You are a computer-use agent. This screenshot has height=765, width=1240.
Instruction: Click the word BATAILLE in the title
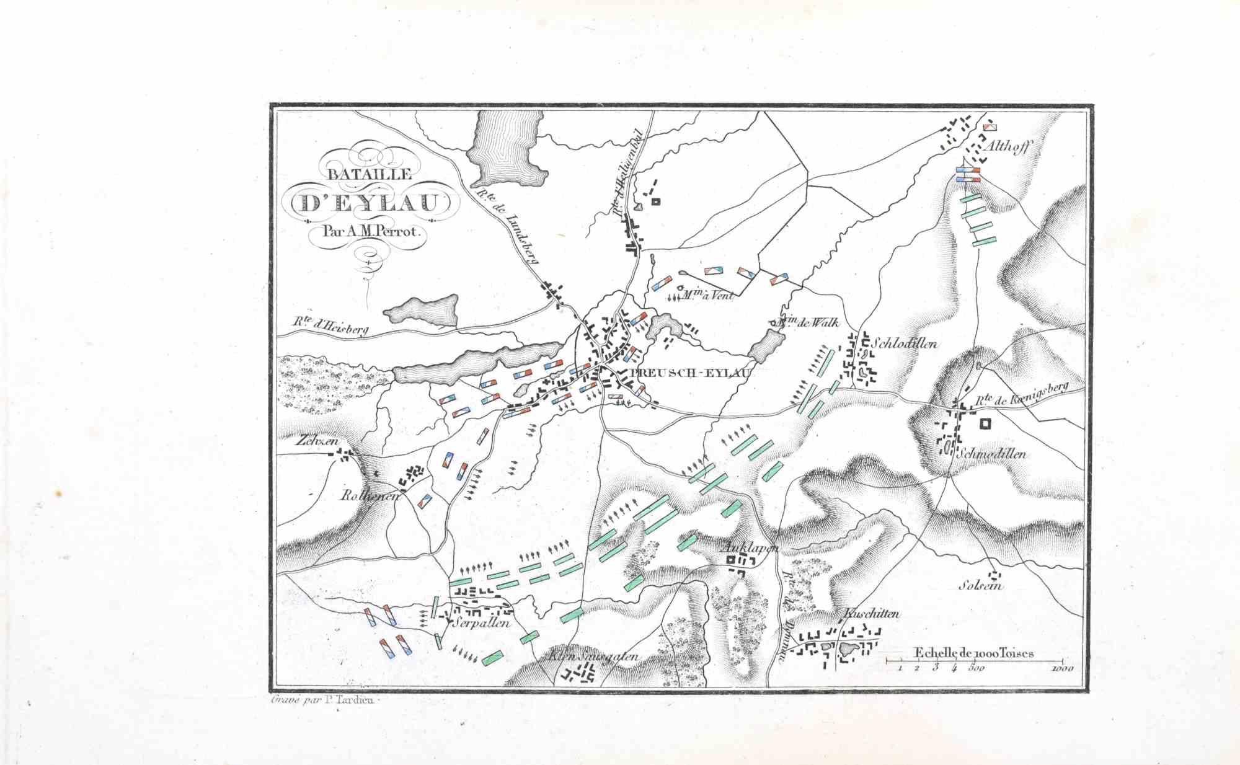[370, 174]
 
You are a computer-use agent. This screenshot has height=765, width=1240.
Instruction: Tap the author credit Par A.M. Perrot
[371, 232]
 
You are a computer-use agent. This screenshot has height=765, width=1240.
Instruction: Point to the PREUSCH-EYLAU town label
[690, 373]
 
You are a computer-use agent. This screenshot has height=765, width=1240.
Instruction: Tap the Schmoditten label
[991, 454]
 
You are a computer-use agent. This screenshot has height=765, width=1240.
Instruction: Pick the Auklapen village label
[750, 548]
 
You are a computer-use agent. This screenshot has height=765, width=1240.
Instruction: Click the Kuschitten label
[871, 614]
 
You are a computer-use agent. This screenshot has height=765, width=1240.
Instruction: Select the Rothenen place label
[370, 496]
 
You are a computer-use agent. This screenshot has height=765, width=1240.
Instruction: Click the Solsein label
[980, 585]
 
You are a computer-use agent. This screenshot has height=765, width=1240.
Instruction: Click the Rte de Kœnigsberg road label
[1022, 395]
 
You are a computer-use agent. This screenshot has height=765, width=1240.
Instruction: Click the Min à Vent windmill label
[707, 296]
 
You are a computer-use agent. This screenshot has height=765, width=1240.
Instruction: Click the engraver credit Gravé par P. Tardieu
[320, 701]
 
